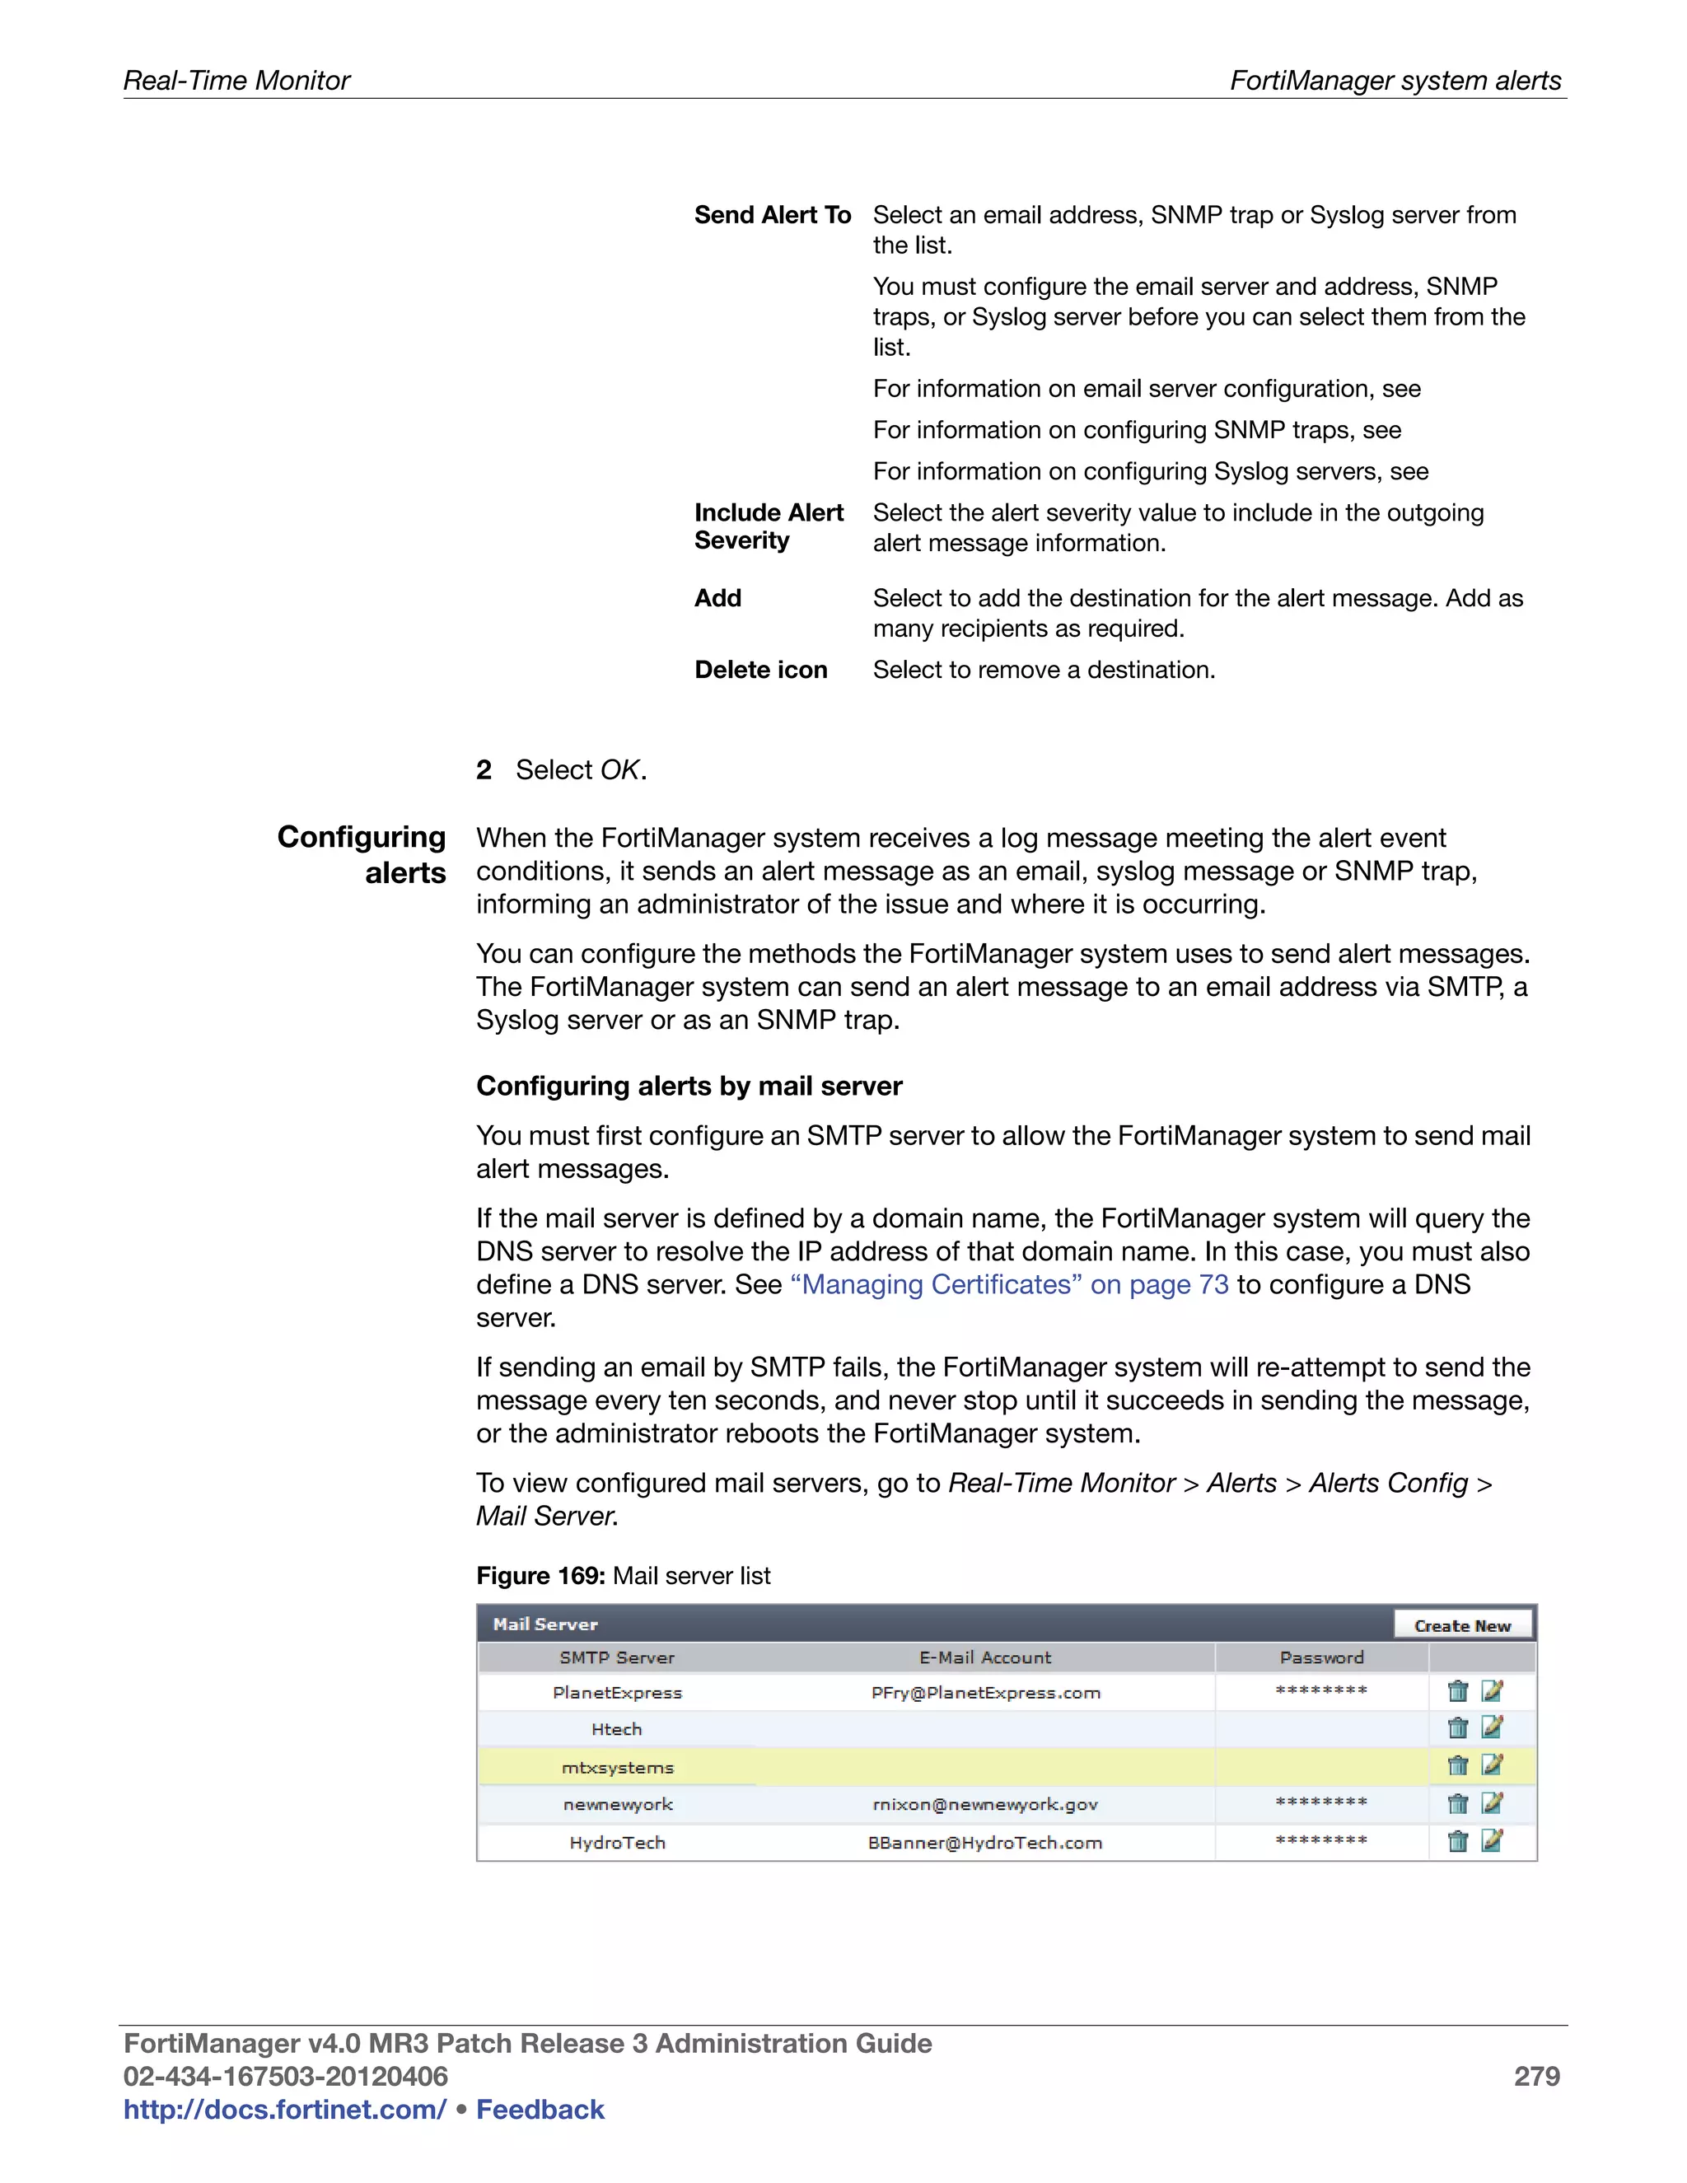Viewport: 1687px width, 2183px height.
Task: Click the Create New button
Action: pos(1462,1625)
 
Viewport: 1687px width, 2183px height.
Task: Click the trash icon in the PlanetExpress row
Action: pos(1457,1691)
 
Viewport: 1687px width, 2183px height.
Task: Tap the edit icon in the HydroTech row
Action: pos(1492,1840)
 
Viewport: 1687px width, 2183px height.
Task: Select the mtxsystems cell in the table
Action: pos(618,1767)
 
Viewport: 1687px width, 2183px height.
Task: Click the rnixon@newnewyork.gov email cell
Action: pos(984,1804)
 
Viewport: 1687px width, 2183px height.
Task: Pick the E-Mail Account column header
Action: pos(984,1657)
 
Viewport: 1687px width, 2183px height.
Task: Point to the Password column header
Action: pos(1321,1657)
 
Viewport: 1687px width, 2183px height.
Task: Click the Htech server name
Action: pos(617,1729)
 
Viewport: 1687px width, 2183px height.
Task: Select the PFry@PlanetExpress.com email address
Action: pos(985,1692)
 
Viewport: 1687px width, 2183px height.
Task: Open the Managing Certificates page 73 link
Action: pos(1009,1284)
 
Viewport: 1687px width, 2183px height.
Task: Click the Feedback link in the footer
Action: pos(540,2109)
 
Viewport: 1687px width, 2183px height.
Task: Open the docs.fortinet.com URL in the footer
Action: pos(285,2109)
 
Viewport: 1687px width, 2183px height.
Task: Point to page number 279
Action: pos(1536,2076)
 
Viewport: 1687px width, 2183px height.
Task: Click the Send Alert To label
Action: pos(773,215)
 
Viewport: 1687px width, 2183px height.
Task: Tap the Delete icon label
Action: pos(760,670)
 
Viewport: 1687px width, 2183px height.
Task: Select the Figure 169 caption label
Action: pos(540,1575)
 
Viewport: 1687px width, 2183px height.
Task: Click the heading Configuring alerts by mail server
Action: pos(689,1086)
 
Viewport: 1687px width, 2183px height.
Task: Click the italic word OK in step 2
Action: pos(619,769)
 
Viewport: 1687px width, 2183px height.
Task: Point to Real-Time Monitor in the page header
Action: pos(237,80)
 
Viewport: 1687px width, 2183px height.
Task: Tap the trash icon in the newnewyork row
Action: pos(1457,1803)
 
